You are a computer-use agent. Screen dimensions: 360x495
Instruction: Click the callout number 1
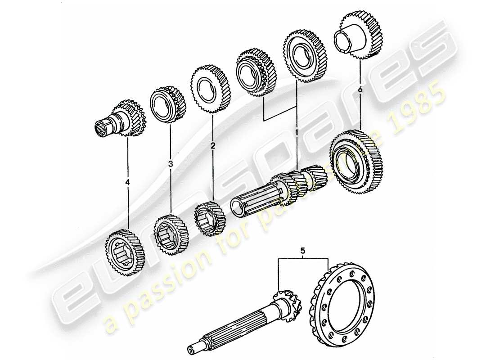pyautogui.click(x=297, y=132)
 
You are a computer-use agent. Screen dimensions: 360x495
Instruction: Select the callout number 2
pyautogui.click(x=213, y=146)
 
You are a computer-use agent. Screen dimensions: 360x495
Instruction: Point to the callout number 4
pyautogui.click(x=127, y=182)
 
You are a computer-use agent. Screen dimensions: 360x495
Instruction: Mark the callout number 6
pyautogui.click(x=360, y=90)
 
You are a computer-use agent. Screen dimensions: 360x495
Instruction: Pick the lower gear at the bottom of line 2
pyautogui.click(x=209, y=217)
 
